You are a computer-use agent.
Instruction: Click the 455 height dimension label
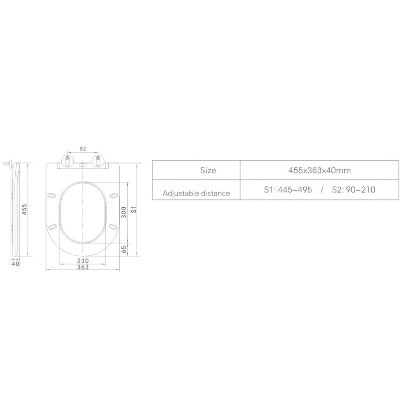[25, 209]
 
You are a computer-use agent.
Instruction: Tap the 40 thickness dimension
[15, 264]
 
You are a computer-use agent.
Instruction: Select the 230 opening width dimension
[83, 260]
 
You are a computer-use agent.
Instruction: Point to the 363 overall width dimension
[83, 267]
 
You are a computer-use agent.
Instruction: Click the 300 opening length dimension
[124, 214]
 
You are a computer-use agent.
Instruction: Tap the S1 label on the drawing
[133, 209]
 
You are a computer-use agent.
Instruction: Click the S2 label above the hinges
[83, 148]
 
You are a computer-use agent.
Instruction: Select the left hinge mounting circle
[67, 159]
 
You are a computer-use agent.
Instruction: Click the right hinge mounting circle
[98, 159]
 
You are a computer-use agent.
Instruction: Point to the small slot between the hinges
[83, 164]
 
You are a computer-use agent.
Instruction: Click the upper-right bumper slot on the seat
[113, 196]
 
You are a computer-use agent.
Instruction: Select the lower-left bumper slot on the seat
[54, 226]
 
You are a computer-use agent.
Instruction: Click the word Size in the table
[208, 170]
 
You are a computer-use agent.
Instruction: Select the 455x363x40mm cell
[319, 170]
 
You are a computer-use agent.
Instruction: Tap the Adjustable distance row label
[197, 193]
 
